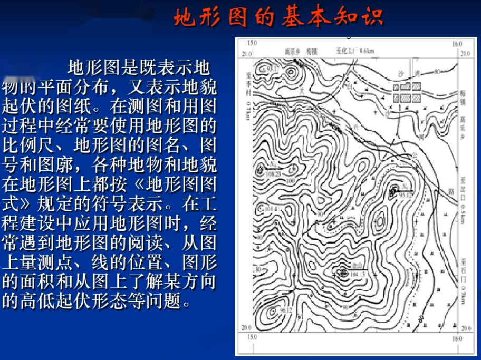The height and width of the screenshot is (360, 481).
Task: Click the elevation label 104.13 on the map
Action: coord(358,274)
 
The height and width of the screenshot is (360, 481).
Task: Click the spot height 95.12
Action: coord(406,195)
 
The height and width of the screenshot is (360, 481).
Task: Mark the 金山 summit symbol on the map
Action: coord(343,272)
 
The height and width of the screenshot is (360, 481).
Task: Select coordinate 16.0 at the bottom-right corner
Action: coord(457,338)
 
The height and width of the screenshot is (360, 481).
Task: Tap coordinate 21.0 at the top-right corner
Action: coord(465,54)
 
